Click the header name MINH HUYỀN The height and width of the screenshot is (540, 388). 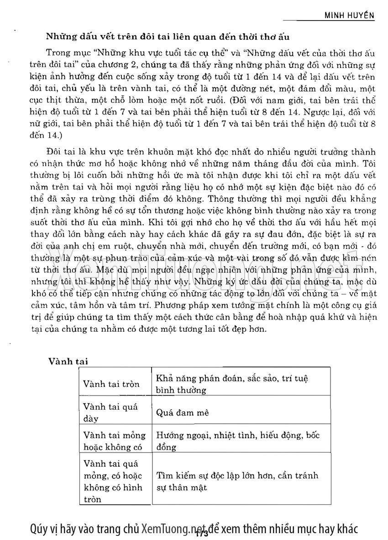pos(349,15)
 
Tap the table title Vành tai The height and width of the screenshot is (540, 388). pos(68,361)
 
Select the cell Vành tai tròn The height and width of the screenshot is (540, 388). pos(111,384)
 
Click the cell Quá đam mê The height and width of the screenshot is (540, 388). pos(183,413)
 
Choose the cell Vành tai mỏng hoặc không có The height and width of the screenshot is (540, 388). pos(114,441)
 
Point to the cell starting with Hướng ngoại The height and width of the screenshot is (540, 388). pos(238,441)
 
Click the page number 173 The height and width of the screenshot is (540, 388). pos(201,533)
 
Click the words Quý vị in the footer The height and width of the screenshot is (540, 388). pos(42,528)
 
